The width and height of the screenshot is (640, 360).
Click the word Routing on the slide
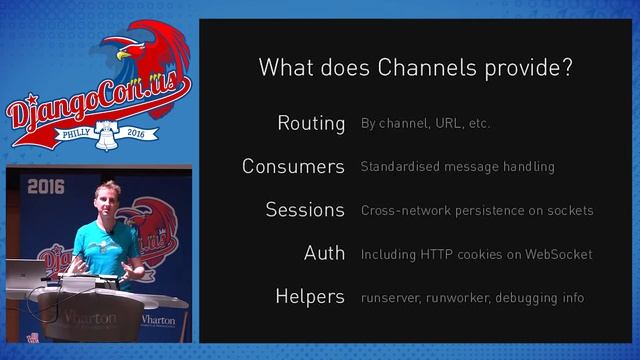point(311,124)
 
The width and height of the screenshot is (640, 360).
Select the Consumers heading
point(293,167)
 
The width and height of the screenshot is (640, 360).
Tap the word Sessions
point(305,210)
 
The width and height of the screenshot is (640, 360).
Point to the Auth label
point(324,253)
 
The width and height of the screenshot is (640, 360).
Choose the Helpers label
point(310,297)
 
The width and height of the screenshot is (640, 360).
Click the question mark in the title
point(566,69)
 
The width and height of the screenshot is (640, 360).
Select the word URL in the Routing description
point(447,124)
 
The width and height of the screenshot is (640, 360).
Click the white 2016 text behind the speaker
point(46,186)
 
